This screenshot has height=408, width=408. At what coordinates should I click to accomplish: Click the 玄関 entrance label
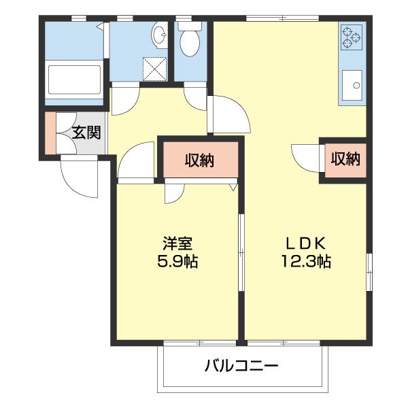86,133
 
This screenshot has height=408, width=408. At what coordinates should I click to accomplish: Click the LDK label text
307,243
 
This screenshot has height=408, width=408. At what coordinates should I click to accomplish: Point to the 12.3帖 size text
307,260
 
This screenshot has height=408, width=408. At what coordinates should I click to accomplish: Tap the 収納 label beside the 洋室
200,160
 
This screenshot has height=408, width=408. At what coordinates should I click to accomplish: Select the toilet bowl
190,43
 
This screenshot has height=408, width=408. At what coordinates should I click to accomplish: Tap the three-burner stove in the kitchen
352,38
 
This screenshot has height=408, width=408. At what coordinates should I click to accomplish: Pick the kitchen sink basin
353,86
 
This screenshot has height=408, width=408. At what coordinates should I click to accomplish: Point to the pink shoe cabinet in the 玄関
50,133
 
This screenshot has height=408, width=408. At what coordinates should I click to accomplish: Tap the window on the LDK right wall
369,272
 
